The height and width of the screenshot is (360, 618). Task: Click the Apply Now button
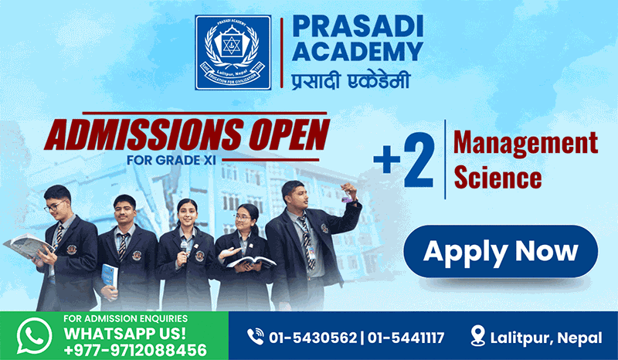pos(501,251)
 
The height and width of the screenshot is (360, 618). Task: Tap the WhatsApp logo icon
pos(34,336)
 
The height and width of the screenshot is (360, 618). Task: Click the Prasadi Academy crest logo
pos(233,53)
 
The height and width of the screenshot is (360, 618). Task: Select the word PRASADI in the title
pos(358,27)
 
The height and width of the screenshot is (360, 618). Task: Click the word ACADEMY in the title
pos(358,51)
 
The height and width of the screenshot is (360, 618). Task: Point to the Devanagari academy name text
pos(351,80)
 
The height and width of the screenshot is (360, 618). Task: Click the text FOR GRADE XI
pos(171,161)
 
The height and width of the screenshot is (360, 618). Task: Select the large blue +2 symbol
pos(404,160)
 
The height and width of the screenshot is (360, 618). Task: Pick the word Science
pos(497,177)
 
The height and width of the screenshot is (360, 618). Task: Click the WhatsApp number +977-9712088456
pos(135,350)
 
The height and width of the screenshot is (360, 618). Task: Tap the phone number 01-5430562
pos(313,338)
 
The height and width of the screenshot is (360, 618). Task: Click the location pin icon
pos(477,336)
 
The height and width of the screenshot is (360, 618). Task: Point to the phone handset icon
pos(256,337)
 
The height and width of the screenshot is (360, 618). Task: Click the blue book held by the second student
pos(110,276)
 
